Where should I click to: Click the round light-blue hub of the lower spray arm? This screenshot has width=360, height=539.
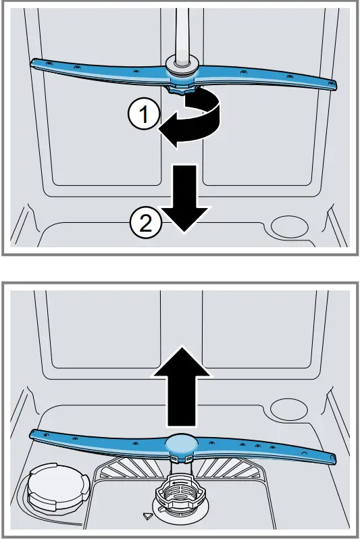pos(180,442)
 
